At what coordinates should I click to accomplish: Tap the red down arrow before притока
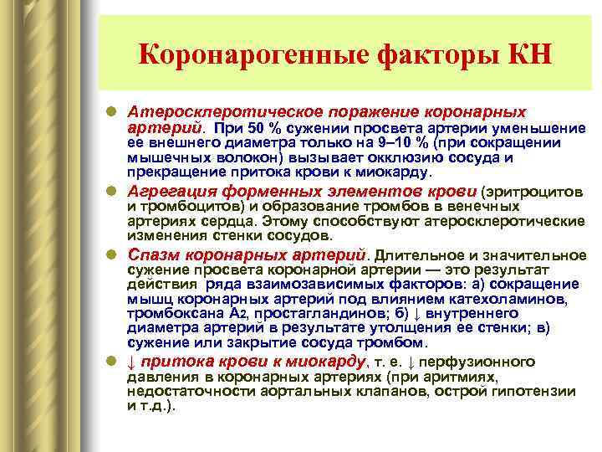coord(132,362)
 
